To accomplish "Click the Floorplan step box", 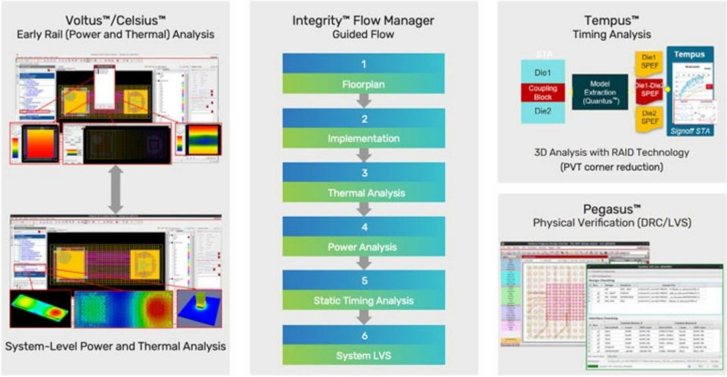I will (363, 83).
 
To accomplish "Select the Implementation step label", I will (363, 139).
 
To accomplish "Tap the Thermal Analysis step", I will (363, 193).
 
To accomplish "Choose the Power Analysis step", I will (363, 247).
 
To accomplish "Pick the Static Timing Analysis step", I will (363, 300).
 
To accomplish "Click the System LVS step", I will (363, 355).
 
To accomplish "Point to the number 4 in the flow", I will (364, 227).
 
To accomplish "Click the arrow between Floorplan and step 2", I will (364, 101).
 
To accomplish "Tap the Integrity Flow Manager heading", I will (363, 21).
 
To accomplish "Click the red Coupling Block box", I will (543, 92).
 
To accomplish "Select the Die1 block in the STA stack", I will (543, 72).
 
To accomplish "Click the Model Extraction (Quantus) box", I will (599, 92).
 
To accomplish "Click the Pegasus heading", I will (612, 209).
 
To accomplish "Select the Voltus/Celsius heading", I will (115, 21).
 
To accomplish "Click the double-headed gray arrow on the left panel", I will (115, 189).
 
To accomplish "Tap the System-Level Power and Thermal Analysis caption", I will (115, 346).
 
